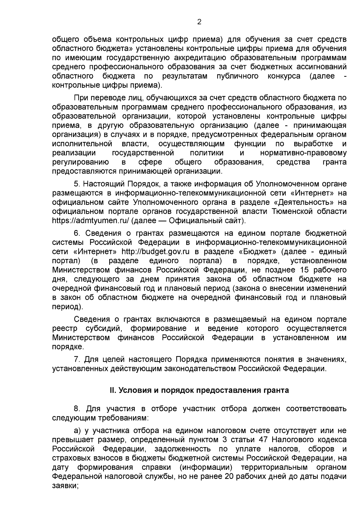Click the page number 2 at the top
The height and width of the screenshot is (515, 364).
199,22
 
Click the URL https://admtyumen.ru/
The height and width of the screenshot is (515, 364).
91,220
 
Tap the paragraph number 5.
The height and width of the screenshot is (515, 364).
76,184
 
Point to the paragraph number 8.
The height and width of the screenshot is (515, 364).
76,408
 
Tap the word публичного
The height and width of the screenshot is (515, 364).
238,76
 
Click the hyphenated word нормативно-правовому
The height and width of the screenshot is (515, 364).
303,153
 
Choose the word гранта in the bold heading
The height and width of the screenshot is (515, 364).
277,390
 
